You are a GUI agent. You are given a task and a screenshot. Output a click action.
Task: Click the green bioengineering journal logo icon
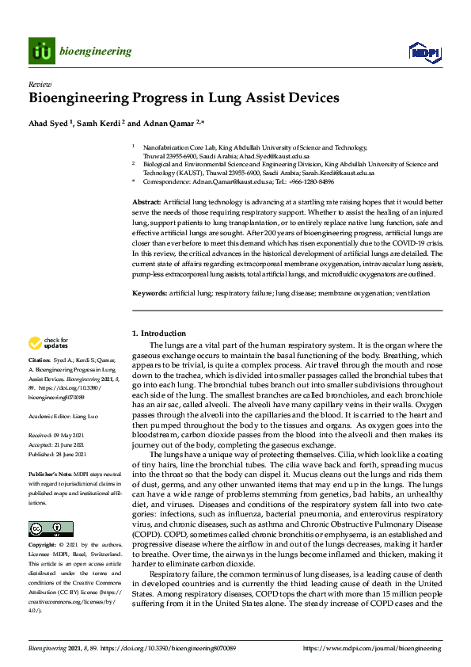pyautogui.click(x=41, y=51)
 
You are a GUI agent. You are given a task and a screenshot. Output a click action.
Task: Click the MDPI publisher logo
pyautogui.click(x=424, y=52)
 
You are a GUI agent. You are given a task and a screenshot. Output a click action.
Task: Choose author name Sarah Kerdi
pyautogui.click(x=99, y=124)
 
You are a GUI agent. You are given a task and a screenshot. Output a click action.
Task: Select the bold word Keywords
pyautogui.click(x=150, y=292)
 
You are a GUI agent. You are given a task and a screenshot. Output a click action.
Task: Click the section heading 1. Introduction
pyautogui.click(x=159, y=333)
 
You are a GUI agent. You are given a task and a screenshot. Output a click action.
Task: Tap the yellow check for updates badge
pyautogui.click(x=47, y=343)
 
